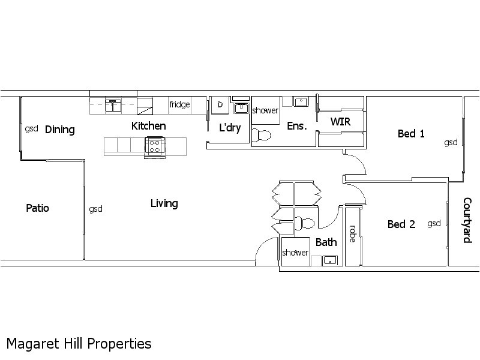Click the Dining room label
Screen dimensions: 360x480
click(x=60, y=130)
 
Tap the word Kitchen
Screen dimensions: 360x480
click(x=148, y=126)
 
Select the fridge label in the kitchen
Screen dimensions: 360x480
click(x=179, y=104)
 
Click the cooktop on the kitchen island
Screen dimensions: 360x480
click(x=154, y=146)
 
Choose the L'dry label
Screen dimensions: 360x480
click(x=230, y=128)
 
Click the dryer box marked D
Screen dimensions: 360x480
click(x=220, y=104)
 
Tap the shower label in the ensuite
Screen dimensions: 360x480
click(x=265, y=111)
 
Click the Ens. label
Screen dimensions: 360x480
click(x=297, y=126)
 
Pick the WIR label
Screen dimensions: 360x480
click(x=340, y=122)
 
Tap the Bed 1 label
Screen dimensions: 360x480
click(x=411, y=134)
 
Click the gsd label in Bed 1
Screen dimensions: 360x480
click(x=451, y=142)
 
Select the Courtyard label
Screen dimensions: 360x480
click(x=467, y=220)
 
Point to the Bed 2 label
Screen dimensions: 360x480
click(x=401, y=224)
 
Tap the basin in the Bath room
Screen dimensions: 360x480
click(x=329, y=260)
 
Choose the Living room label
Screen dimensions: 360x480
click(x=164, y=203)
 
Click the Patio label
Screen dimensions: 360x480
click(x=37, y=208)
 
